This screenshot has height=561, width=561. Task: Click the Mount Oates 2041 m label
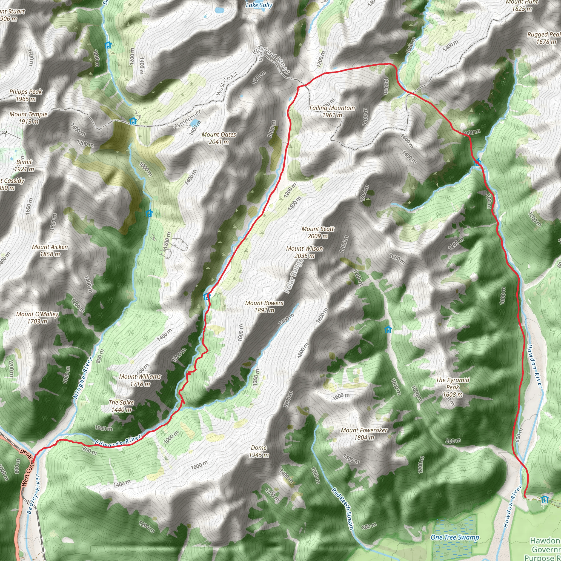219,138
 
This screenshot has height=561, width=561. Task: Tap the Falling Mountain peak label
332,111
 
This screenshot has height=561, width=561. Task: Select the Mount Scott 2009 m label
318,232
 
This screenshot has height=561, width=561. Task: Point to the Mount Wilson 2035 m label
304,252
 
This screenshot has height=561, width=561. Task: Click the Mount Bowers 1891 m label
264,306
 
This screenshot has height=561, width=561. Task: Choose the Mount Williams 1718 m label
140,380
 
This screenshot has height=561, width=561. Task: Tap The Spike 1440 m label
121,406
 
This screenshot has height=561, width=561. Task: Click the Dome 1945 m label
259,451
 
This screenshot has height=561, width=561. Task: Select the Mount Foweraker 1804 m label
364,434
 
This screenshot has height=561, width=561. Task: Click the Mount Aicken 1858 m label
50,250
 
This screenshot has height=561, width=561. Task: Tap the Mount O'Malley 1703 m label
38,317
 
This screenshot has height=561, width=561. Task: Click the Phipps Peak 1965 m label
26,95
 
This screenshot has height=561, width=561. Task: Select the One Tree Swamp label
455,537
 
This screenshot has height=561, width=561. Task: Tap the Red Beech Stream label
343,508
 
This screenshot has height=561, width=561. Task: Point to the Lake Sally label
259,5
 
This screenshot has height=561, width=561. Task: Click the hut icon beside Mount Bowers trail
207,296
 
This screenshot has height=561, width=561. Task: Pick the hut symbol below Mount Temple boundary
133,121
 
